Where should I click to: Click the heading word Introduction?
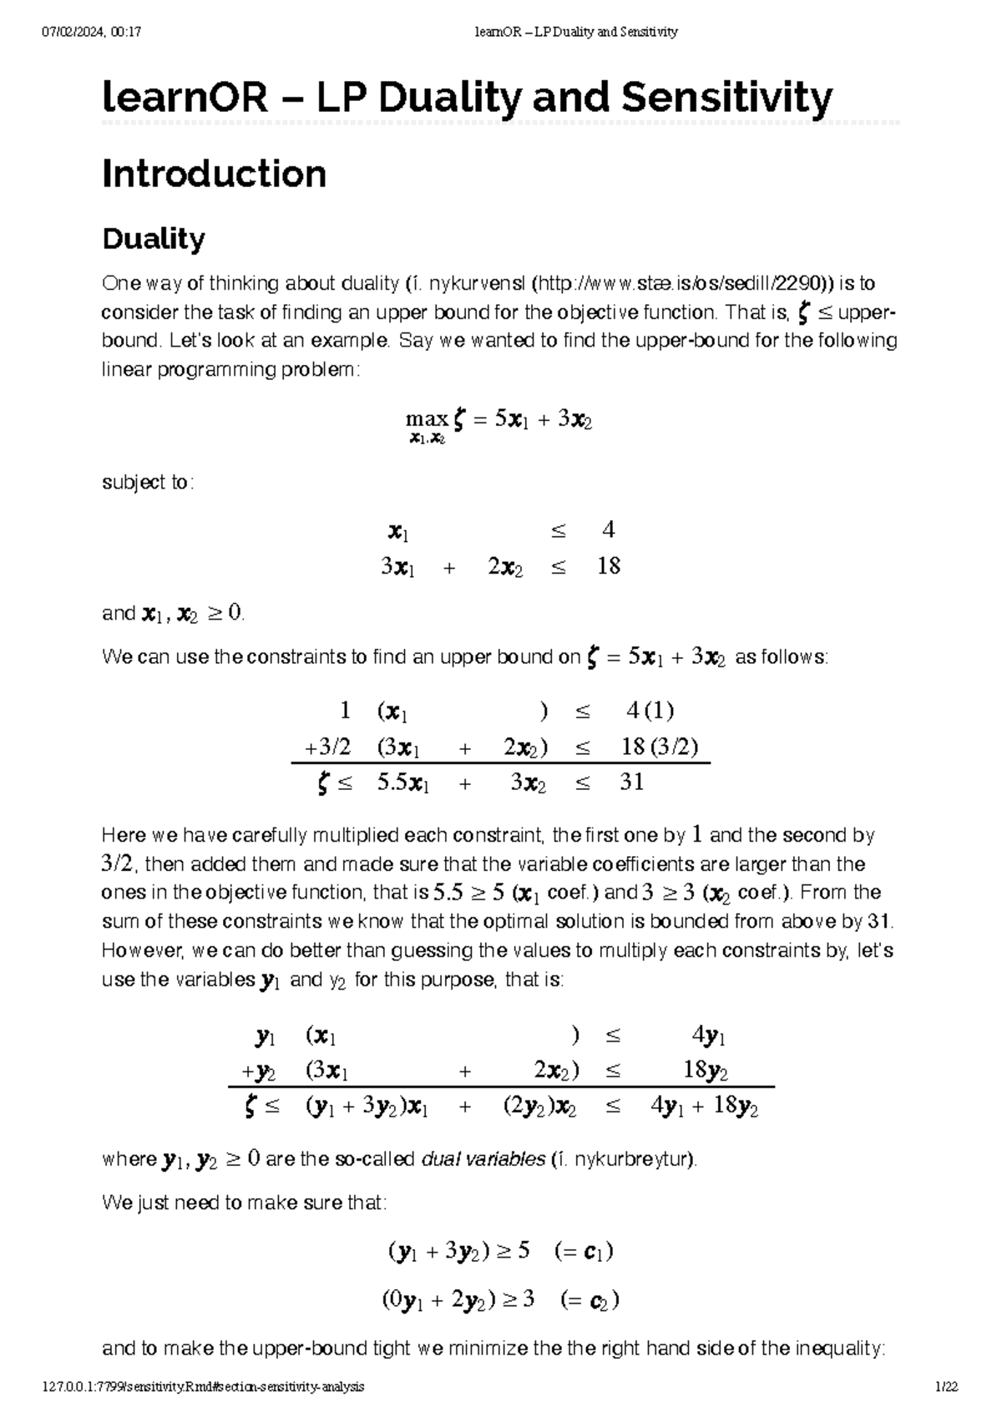point(214,174)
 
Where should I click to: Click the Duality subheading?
point(153,239)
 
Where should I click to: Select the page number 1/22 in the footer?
point(946,1387)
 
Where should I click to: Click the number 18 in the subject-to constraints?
point(609,566)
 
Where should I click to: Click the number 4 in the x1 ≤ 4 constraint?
point(608,529)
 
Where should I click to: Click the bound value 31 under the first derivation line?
point(631,782)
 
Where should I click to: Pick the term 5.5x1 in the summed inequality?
point(402,782)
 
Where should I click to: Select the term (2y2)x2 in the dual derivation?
point(539,1107)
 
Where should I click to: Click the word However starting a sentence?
point(141,950)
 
